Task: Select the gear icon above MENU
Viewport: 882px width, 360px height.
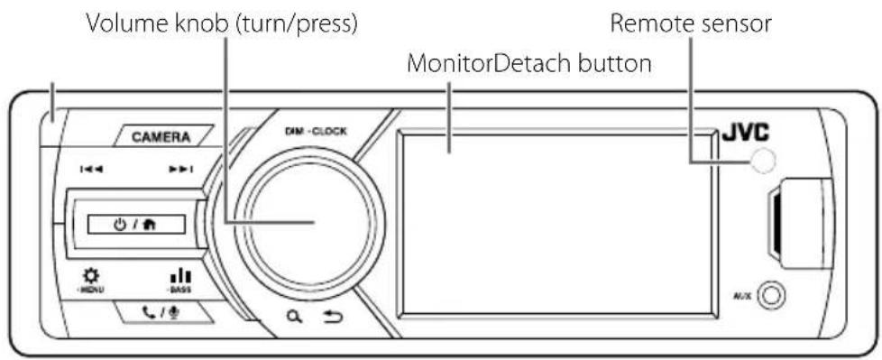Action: coord(90,274)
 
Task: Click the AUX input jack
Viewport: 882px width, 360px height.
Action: coord(772,294)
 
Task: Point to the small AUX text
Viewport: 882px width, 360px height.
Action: coord(740,295)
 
